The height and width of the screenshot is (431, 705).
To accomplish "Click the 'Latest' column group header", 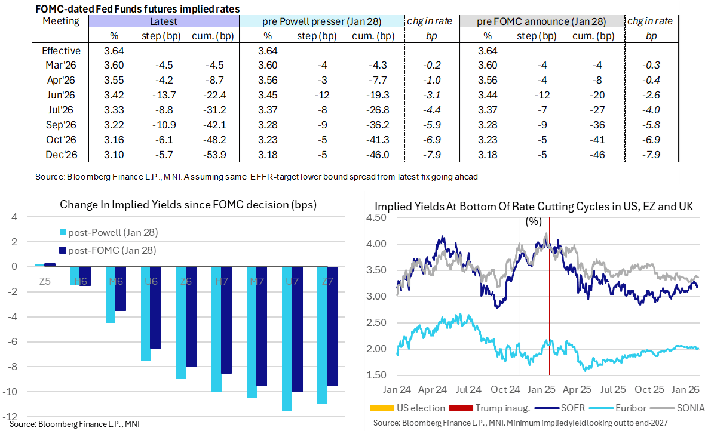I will coord(164,21).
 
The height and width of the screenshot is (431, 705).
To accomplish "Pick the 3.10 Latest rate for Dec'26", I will coord(114,155).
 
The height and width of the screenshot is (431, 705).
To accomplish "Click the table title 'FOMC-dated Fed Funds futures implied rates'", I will coord(138,8).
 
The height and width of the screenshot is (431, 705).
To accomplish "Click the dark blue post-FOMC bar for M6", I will coord(120,289).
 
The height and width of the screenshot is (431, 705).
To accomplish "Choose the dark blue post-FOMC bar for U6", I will coord(155,307).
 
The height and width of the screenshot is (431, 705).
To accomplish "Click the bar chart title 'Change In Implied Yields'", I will coord(188,205).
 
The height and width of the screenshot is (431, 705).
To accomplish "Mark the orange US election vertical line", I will coord(518,298).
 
